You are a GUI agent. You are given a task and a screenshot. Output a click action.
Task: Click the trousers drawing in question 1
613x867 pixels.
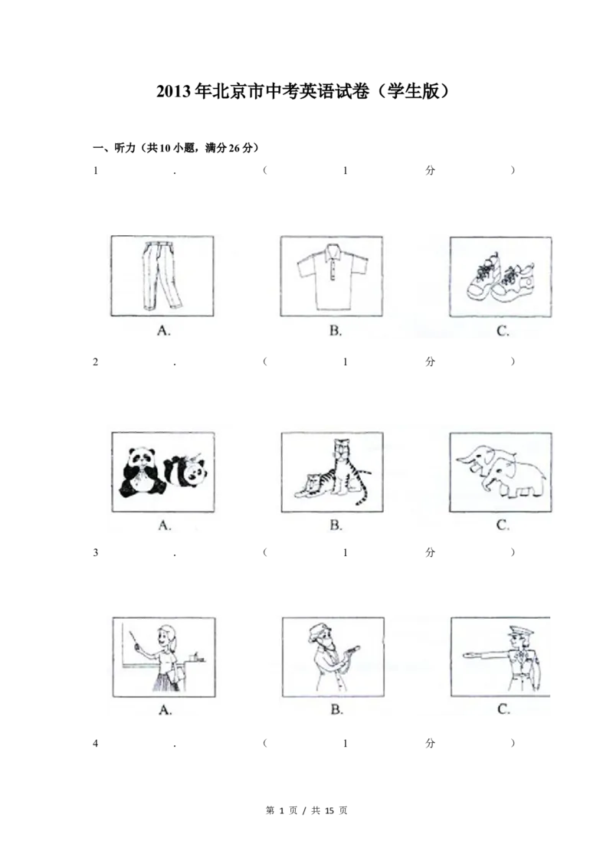click(161, 276)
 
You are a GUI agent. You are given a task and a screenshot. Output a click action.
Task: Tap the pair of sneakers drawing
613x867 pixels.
click(500, 276)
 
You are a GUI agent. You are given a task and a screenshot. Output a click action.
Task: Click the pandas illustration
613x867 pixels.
click(163, 473)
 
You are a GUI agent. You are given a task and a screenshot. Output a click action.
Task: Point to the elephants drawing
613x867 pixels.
click(501, 472)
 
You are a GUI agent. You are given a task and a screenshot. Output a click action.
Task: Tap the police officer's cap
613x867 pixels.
click(520, 631)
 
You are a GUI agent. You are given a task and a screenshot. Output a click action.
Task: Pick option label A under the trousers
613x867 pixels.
click(164, 331)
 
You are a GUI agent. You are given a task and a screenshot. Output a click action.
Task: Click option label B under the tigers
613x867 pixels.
click(336, 525)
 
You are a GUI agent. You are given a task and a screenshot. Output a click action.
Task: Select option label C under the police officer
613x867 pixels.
click(503, 709)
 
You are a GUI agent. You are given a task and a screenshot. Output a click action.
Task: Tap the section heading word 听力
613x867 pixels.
click(124, 148)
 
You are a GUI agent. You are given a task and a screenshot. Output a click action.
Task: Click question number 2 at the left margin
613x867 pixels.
click(96, 362)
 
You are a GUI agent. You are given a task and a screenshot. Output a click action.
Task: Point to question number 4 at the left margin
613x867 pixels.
click(96, 744)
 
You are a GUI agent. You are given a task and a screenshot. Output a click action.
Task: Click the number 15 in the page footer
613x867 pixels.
click(329, 810)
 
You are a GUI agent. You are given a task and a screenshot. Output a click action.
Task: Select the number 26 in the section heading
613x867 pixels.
click(234, 148)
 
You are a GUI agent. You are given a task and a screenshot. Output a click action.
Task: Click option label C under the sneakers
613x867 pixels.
click(503, 331)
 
